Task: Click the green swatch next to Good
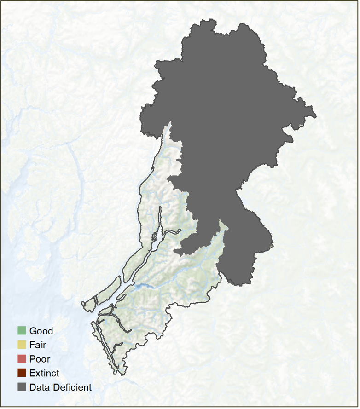pos(22,331)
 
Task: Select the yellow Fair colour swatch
pos(22,345)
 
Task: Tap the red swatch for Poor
pos(22,359)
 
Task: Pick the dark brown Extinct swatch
pos(22,373)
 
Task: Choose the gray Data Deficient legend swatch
pos(22,387)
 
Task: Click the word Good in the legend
pos(41,331)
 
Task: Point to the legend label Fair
pos(37,345)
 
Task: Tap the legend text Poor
pos(40,359)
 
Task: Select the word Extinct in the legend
pos(44,373)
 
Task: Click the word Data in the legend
pos(38,387)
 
